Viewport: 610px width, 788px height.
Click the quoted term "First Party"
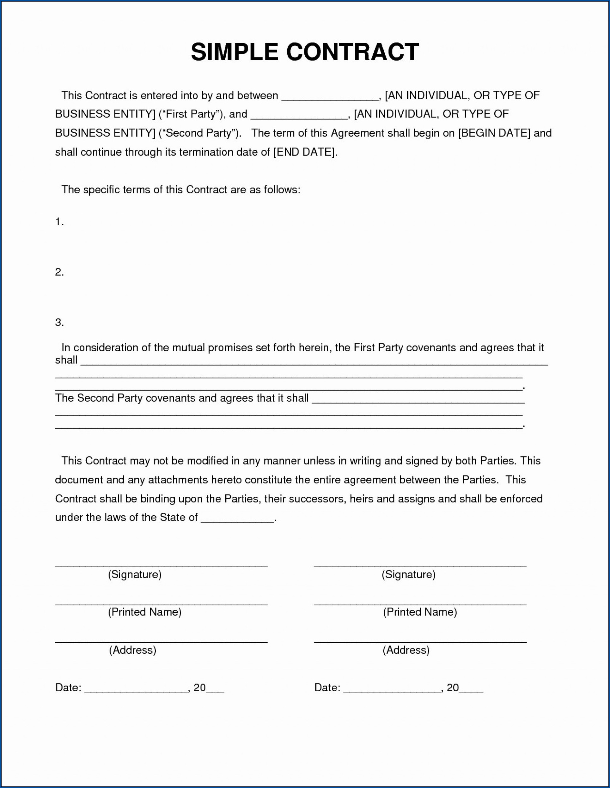point(191,114)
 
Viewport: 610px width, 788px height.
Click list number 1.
point(59,222)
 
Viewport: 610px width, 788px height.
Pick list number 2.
point(59,272)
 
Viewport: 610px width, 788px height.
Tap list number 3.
point(59,323)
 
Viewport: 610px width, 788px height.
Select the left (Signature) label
point(135,574)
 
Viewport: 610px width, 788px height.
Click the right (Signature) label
point(409,574)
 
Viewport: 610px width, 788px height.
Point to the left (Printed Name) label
point(144,612)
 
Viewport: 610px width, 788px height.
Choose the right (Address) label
point(406,650)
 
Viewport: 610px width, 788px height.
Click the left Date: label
point(68,688)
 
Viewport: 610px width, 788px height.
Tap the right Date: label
point(327,688)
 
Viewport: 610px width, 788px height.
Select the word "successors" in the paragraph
point(317,499)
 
